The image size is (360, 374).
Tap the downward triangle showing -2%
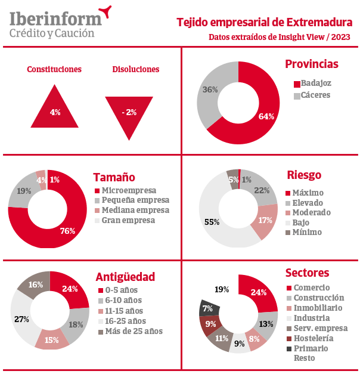click(x=129, y=113)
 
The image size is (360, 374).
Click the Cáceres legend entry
click(x=315, y=95)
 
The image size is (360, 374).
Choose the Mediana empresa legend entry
click(x=135, y=210)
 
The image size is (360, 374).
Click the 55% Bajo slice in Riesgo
click(x=215, y=222)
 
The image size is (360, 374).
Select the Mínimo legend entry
click(x=306, y=232)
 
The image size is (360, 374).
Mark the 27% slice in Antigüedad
click(x=19, y=320)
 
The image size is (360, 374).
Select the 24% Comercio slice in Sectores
click(x=259, y=292)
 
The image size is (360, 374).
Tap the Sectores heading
click(x=307, y=273)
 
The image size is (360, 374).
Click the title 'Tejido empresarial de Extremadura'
click(x=264, y=23)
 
